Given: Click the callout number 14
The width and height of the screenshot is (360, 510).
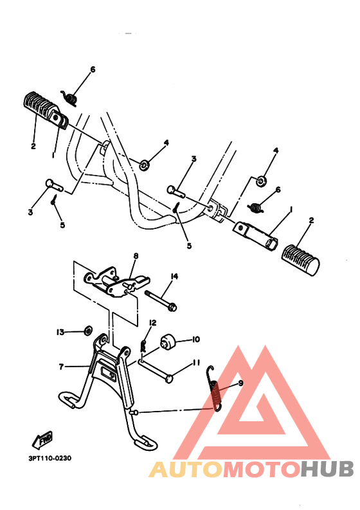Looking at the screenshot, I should point(174,277).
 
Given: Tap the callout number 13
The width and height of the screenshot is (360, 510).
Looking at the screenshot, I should point(60,332).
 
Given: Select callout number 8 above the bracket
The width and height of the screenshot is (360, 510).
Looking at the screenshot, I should point(136,256).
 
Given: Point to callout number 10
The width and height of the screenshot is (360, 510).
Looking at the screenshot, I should point(196,339).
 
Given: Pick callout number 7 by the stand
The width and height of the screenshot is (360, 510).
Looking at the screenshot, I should point(61,367).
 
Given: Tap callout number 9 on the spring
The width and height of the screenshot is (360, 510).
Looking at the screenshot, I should point(240,383).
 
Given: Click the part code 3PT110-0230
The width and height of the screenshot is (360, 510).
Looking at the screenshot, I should point(50,459).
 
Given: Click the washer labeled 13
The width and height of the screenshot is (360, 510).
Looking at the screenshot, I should point(85,332).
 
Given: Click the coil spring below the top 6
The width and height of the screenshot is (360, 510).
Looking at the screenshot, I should point(71,97).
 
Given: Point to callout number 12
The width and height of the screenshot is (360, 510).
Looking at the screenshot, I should point(153,322).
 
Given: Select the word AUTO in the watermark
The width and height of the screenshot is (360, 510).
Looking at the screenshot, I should point(181,471).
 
